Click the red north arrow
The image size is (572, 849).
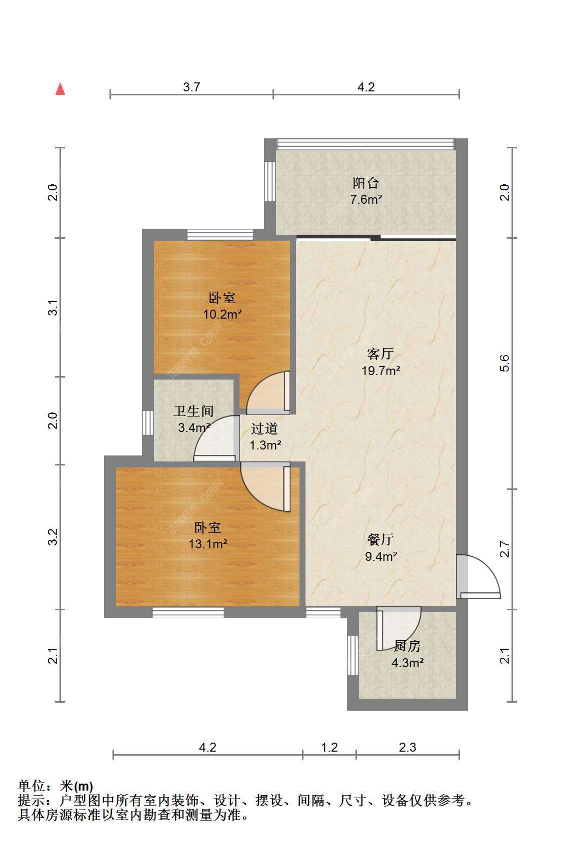(60, 89)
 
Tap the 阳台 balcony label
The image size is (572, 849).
(365, 183)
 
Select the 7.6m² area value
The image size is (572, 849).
(366, 199)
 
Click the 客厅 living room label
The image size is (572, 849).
(380, 354)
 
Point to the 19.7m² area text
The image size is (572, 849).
(380, 370)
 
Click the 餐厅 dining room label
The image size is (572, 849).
(380, 540)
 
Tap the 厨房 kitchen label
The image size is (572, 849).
(407, 646)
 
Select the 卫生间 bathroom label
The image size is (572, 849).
(193, 411)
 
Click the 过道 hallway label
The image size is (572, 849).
(264, 428)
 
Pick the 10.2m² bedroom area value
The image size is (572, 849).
(222, 314)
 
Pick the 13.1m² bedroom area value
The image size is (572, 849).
(208, 544)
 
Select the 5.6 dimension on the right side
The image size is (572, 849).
(504, 363)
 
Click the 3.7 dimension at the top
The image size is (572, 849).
(191, 87)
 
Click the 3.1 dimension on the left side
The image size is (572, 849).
(53, 307)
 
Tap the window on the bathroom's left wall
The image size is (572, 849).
(147, 423)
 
